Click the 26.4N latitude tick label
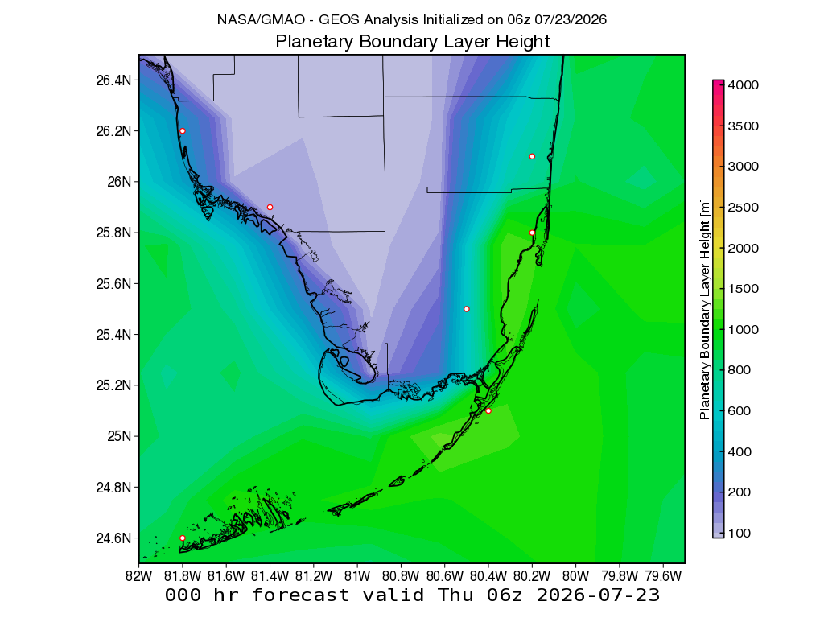click(x=113, y=80)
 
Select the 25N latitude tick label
click(x=119, y=436)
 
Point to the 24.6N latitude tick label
click(x=113, y=538)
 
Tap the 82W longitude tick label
click(x=138, y=576)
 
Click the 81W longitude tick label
click(x=357, y=576)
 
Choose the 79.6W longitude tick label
click(x=663, y=576)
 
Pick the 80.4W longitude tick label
click(x=488, y=576)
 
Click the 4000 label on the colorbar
click(x=743, y=85)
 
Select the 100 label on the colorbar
click(x=740, y=533)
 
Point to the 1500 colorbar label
click(x=743, y=289)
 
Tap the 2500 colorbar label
click(x=743, y=207)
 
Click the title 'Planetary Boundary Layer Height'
click(x=413, y=42)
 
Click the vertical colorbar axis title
click(x=705, y=309)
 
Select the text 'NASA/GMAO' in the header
click(x=261, y=20)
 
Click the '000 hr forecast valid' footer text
click(x=295, y=595)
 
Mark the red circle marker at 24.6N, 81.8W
click(x=183, y=538)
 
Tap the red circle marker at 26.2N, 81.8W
click(x=183, y=131)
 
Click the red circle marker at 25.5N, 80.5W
click(x=467, y=309)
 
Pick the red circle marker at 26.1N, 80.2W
click(x=533, y=156)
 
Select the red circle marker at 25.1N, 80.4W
click(x=488, y=410)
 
